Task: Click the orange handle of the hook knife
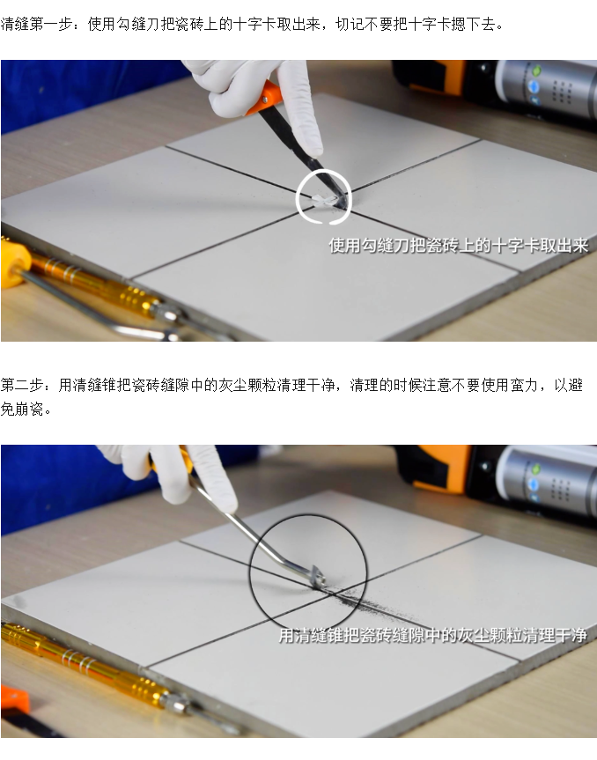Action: [265, 98]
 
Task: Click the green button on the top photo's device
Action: [536, 70]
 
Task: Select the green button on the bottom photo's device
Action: [535, 469]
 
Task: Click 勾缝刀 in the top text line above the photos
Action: [138, 24]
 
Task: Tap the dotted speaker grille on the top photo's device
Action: [561, 92]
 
